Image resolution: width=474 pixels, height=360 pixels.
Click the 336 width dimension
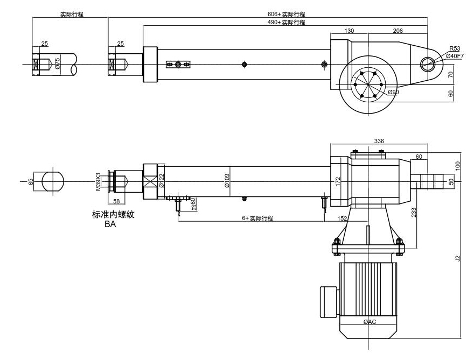[379, 141]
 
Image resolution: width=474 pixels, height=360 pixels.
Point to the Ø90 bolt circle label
[393, 92]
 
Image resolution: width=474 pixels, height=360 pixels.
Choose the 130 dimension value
[349, 31]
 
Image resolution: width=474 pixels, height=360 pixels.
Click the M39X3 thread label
[98, 182]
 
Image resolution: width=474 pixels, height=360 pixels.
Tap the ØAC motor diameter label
[370, 322]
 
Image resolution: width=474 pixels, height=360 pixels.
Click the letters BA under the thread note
[111, 224]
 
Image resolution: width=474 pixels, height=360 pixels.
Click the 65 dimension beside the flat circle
[31, 182]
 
